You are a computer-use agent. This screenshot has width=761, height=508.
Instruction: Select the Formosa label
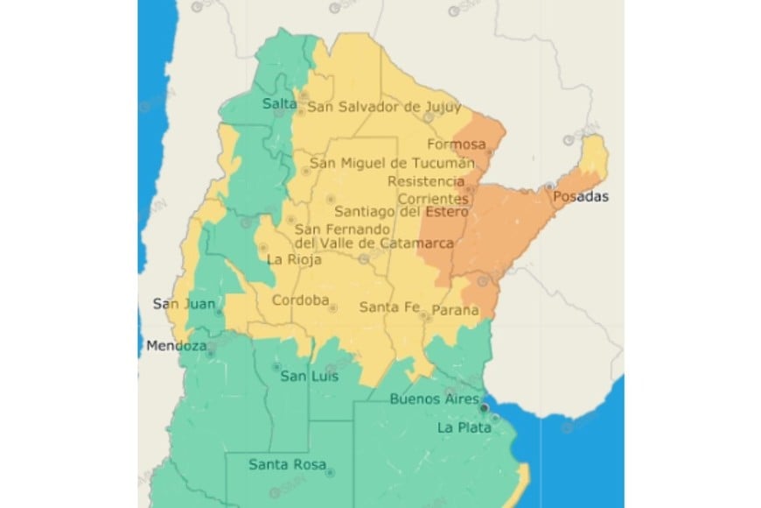point(456,144)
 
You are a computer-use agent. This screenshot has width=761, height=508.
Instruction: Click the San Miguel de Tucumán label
point(393,163)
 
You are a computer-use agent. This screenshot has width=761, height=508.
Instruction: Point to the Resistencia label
point(426,181)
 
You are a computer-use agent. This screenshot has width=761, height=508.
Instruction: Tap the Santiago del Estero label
point(402,211)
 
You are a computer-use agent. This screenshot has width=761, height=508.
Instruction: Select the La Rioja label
point(294,259)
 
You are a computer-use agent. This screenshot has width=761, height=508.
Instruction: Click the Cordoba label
point(300,301)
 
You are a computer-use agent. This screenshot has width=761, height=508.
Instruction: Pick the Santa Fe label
point(386,307)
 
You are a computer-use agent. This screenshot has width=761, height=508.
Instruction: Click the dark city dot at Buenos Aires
point(484,409)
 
